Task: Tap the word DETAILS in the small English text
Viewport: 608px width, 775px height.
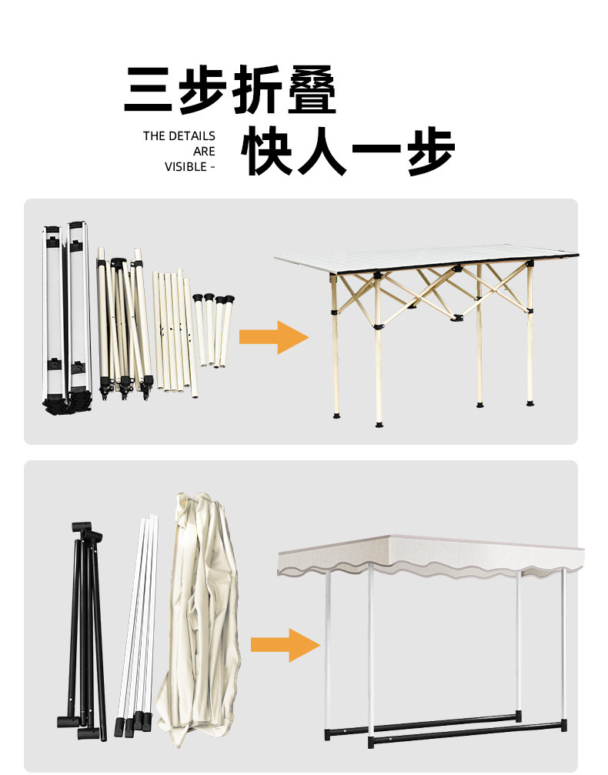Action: [191, 136]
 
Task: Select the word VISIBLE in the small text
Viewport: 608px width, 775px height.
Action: [185, 166]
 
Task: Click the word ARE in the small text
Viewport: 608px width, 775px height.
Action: [204, 152]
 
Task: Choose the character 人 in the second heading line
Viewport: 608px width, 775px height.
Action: [322, 151]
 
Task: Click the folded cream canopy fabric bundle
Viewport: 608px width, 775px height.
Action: [200, 616]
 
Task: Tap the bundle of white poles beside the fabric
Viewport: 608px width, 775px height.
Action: [139, 623]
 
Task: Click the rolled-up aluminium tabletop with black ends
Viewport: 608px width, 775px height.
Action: [65, 316]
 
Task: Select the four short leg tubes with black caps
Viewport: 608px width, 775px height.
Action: [212, 327]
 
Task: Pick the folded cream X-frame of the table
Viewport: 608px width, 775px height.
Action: [123, 323]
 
